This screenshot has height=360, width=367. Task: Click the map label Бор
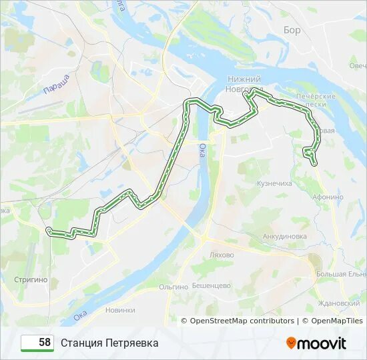pyautogui.click(x=292, y=30)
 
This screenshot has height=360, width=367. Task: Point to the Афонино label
pyautogui.click(x=327, y=197)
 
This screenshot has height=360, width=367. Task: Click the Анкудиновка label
pyautogui.click(x=284, y=236)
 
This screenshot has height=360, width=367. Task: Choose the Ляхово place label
pyautogui.click(x=221, y=255)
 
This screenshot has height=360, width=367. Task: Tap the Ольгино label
pyautogui.click(x=173, y=286)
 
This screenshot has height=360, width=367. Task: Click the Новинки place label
pyautogui.click(x=120, y=310)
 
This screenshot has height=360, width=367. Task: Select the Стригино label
pyautogui.click(x=31, y=280)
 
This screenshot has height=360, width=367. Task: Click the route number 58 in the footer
pyautogui.click(x=45, y=343)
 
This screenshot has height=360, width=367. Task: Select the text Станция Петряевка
pyautogui.click(x=109, y=343)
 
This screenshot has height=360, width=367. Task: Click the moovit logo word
pyautogui.click(x=322, y=343)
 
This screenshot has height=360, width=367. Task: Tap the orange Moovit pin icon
pyautogui.click(x=291, y=343)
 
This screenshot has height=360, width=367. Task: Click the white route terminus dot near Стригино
pyautogui.click(x=49, y=230)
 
